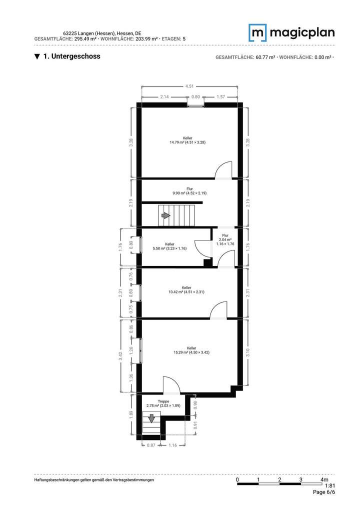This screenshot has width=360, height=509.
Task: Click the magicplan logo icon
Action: (x=258, y=32)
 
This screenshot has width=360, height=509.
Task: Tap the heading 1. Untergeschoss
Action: (x=67, y=56)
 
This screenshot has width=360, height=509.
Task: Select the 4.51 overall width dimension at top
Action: (x=190, y=86)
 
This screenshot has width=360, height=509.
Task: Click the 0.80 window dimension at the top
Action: (x=195, y=96)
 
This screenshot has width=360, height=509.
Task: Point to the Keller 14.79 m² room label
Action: (x=187, y=140)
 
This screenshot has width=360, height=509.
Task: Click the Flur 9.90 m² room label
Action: (x=189, y=191)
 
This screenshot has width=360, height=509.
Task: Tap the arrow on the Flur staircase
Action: (x=165, y=215)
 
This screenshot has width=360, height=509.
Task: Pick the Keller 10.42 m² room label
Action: (x=186, y=289)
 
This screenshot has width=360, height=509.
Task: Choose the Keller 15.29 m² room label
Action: (x=191, y=350)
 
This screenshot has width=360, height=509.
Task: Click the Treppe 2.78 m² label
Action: (x=163, y=403)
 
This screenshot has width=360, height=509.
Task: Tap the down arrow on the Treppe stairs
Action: (x=151, y=417)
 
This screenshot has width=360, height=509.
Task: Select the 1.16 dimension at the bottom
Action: (x=172, y=445)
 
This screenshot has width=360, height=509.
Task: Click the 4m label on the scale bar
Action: (x=324, y=480)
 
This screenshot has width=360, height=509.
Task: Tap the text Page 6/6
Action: (x=324, y=492)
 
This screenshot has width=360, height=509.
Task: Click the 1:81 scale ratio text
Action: (x=330, y=485)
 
